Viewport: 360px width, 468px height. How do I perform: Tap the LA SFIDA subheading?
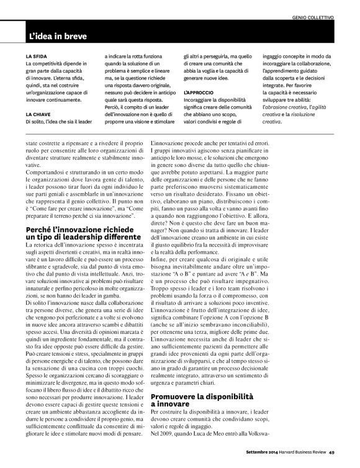pos(36,56)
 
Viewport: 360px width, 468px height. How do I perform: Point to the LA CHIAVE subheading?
pos(38,97)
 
